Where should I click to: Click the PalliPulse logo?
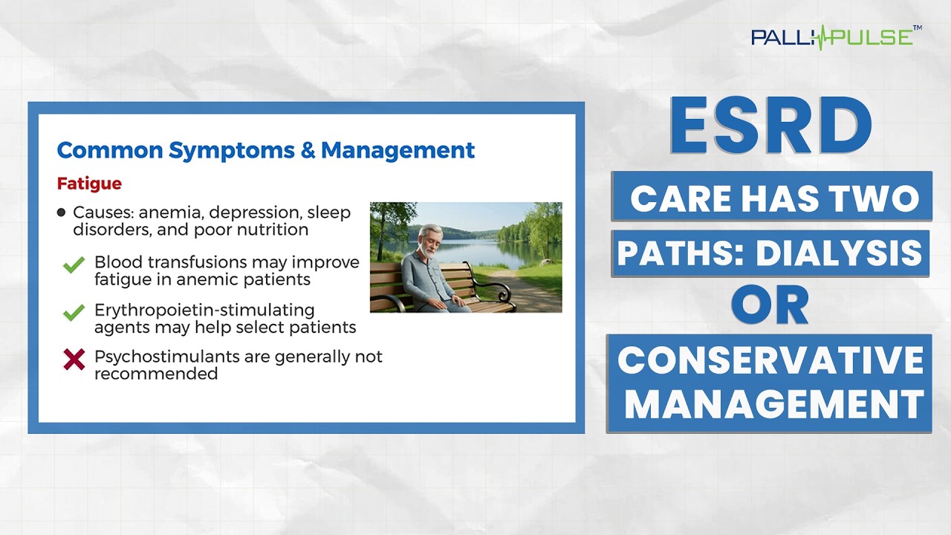point(837,37)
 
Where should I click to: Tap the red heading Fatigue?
point(89,184)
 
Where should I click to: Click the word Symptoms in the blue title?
point(231,151)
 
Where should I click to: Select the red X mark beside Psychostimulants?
point(74,360)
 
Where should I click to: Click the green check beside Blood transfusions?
point(74,265)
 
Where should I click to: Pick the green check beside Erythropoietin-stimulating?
point(74,312)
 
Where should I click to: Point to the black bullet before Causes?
point(61,213)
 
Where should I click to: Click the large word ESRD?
point(770,126)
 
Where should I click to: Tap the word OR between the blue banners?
point(770,305)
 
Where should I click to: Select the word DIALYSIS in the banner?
point(839,253)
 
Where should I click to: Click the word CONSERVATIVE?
point(770,360)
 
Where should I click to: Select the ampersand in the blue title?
point(308,150)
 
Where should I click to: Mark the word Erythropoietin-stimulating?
point(204,311)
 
